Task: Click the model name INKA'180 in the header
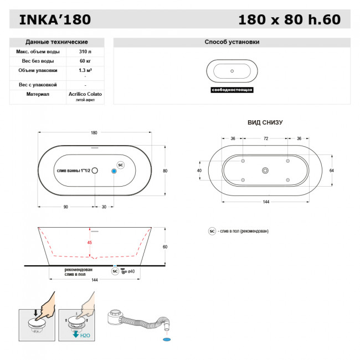tap(55, 20)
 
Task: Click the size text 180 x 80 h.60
tap(289, 20)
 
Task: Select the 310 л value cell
tap(85, 52)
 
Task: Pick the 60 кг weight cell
tap(85, 61)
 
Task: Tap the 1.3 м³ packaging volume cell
tap(85, 70)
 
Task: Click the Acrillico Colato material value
tap(85, 94)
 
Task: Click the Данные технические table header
tap(56, 42)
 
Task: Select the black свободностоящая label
tap(232, 90)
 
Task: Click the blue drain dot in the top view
tap(114, 171)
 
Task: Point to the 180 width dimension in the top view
tap(94, 133)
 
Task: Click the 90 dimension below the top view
tap(65, 207)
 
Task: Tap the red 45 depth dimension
tap(89, 242)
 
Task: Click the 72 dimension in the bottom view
tap(265, 138)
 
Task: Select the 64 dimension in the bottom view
tap(331, 171)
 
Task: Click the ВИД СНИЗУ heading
tap(265, 122)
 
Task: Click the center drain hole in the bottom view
tap(265, 171)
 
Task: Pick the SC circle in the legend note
tap(212, 231)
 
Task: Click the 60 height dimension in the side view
tap(164, 246)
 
